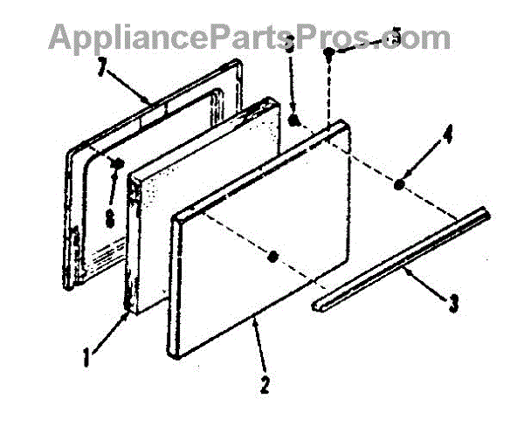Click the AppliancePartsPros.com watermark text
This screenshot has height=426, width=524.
pos(249,37)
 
